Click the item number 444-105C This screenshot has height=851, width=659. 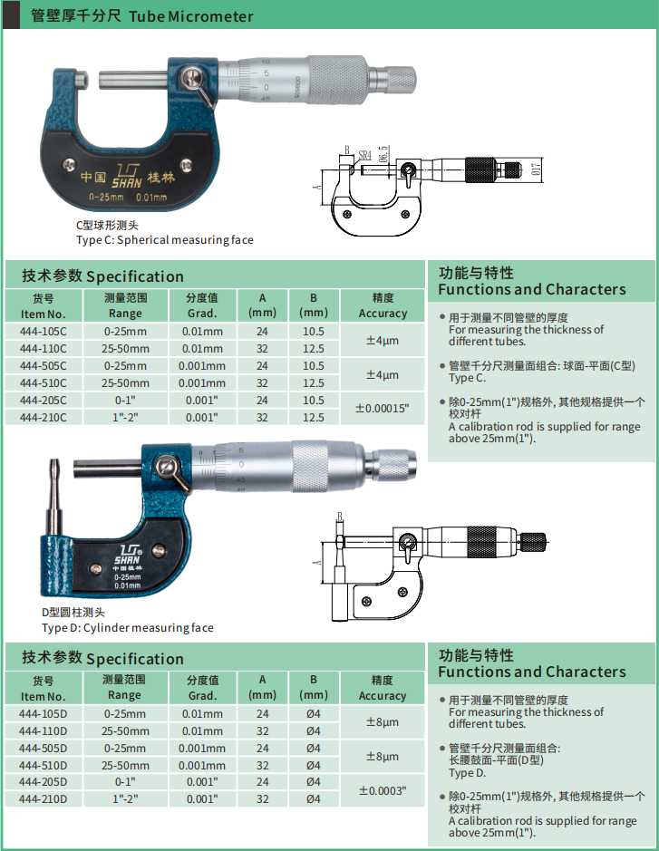coord(43,332)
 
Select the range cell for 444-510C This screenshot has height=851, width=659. coord(125,383)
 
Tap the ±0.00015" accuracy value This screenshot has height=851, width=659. coord(383,408)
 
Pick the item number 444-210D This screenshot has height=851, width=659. coord(43,799)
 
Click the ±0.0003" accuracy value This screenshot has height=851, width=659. coord(383,791)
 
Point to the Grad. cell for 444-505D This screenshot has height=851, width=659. coord(202,749)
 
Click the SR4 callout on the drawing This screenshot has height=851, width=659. coord(364,155)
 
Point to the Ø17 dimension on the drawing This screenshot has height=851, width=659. coord(537,169)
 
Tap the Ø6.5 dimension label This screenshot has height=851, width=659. coord(383,153)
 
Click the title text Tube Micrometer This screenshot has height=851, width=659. coord(191,16)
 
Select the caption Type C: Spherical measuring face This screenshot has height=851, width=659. coord(164,240)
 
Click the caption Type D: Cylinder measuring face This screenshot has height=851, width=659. coord(128,628)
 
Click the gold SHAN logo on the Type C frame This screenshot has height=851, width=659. coord(127,176)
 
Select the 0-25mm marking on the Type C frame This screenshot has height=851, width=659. coord(106,197)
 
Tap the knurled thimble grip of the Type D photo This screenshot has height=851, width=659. coord(310,466)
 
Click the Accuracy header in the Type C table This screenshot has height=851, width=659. coord(383,305)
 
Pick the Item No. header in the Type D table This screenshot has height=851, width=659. coord(43,688)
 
